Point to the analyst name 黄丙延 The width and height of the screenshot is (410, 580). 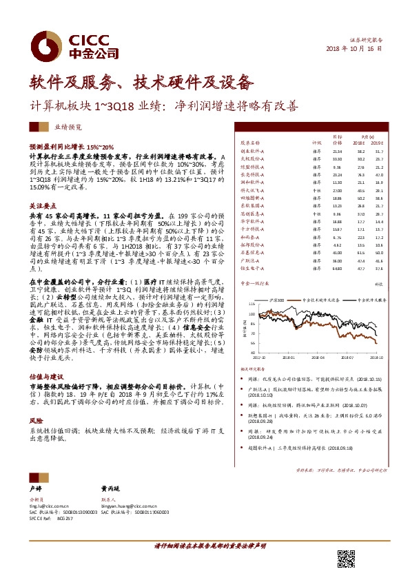110,487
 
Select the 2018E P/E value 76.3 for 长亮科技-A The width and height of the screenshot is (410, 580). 360,174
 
